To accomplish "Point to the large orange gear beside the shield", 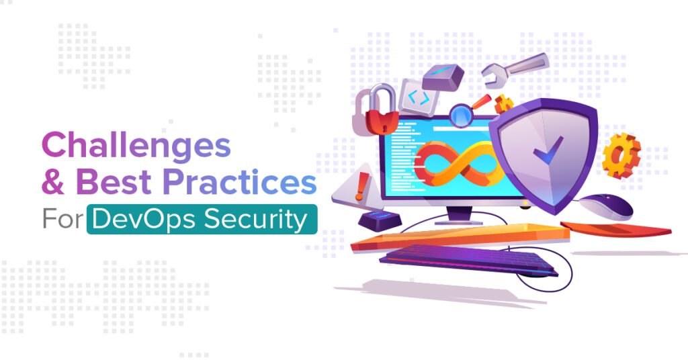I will tap(621, 155).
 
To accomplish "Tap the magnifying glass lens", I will tap(461, 114).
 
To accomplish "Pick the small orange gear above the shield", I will tap(503, 104).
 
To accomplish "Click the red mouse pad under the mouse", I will tap(615, 228).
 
